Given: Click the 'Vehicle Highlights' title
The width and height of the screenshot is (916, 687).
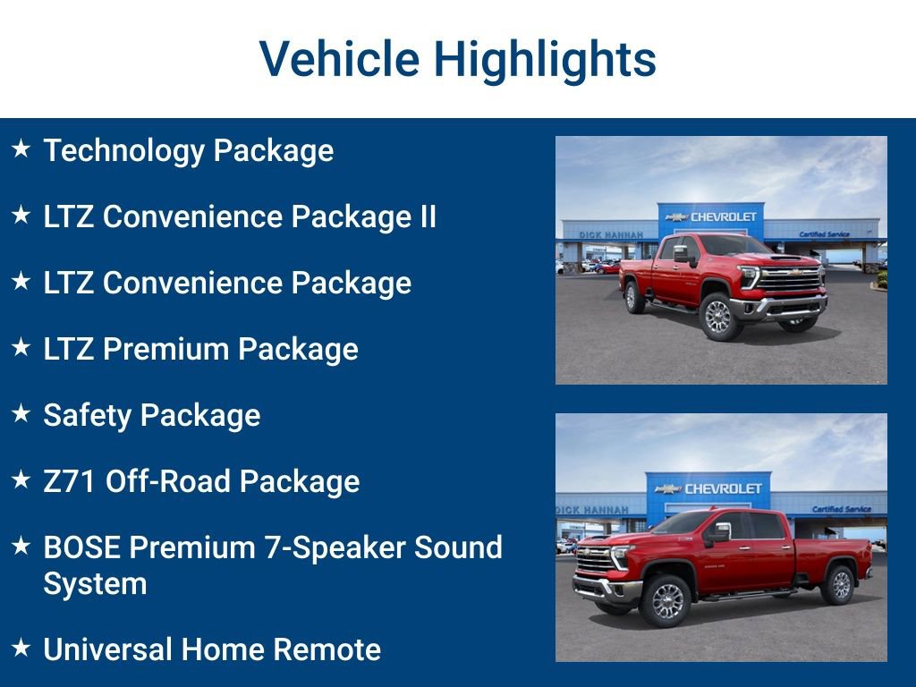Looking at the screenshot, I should pos(458,60).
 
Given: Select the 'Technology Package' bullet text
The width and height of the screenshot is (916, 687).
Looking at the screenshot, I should pos(188,150).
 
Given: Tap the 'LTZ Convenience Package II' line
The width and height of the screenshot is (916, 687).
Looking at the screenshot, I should pos(240,216).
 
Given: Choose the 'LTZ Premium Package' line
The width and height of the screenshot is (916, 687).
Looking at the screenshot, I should pos(200,349).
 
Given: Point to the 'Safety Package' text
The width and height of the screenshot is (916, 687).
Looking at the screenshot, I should pos(151,415).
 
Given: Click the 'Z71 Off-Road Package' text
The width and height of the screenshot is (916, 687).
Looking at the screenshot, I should pos(201,481).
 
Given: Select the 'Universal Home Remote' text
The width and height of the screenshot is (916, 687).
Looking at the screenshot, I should pos(212,649).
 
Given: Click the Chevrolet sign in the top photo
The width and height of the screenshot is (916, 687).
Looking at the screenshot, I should pos(711,216).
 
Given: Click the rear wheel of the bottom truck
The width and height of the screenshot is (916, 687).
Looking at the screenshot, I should pos(840,584).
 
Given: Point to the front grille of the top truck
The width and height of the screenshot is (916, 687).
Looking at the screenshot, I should pos(789,279).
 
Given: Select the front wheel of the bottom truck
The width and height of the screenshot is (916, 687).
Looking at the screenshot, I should pos(666,601).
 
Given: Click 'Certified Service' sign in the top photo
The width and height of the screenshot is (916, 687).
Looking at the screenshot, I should pos(824,234).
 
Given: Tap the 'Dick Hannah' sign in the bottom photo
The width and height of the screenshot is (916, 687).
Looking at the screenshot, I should pos(591,510).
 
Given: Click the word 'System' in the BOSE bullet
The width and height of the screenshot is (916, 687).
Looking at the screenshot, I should pos(95,584).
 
